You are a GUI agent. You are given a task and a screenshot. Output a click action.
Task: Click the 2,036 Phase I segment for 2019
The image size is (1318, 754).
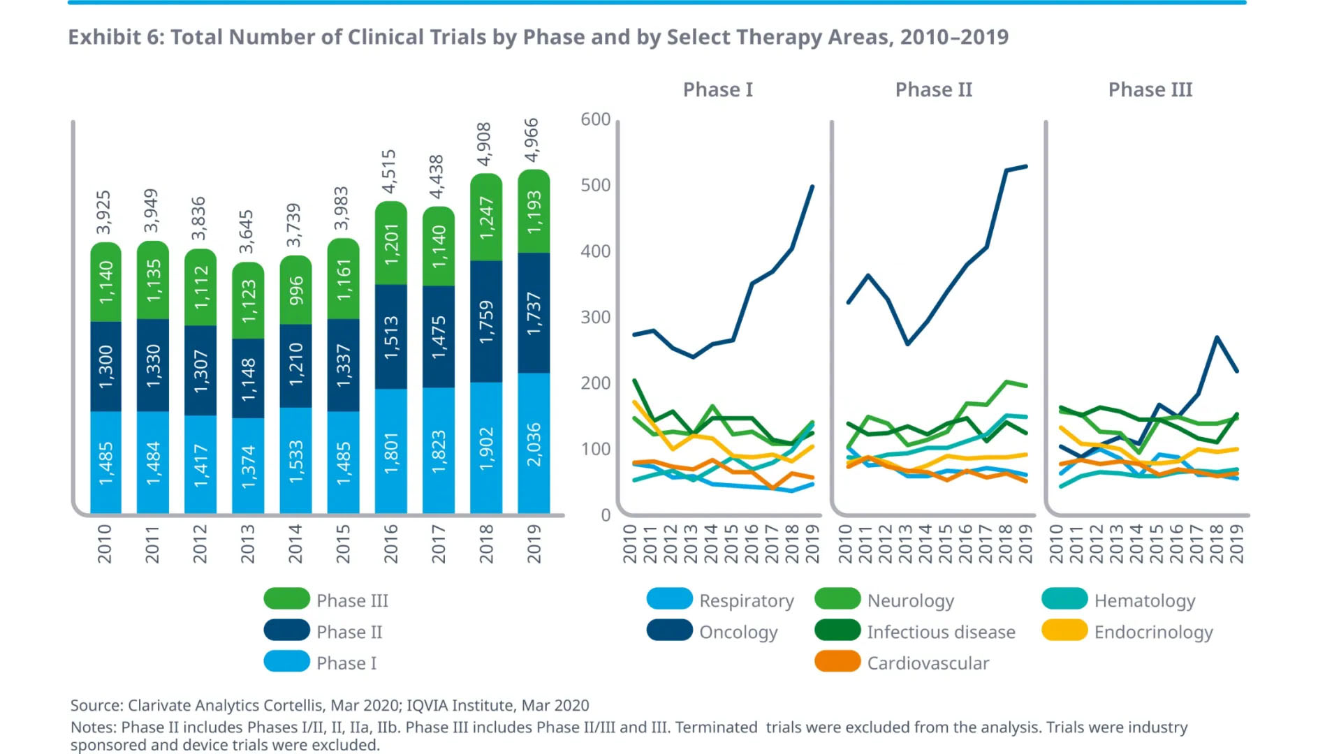tap(534, 444)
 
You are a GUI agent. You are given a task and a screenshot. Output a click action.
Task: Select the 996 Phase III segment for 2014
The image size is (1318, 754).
tap(296, 290)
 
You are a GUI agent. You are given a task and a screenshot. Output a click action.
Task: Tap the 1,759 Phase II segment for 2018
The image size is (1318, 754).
tap(486, 322)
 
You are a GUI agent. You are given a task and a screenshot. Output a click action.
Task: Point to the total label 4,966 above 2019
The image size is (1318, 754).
tap(532, 140)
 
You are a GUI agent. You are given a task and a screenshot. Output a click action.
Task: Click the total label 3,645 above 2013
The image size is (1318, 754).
tap(247, 232)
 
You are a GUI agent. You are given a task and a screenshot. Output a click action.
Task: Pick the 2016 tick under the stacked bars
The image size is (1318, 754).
tap(391, 544)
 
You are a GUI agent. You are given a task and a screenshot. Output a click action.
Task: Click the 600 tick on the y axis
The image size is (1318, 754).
tap(596, 119)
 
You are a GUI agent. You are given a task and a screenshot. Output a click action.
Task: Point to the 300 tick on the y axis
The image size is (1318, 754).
tap(596, 317)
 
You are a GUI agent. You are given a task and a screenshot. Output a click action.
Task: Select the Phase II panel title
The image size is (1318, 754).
tap(933, 90)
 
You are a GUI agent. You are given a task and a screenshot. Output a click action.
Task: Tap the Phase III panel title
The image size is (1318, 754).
tap(1150, 90)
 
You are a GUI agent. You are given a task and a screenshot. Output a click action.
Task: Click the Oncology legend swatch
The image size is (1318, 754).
tap(669, 630)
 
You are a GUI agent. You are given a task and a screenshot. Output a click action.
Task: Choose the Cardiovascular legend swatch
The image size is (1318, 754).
tap(837, 662)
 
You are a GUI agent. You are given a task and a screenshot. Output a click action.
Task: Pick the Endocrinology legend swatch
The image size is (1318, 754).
tap(1064, 630)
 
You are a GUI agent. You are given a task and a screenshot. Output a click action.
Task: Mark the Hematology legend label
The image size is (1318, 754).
tap(1144, 600)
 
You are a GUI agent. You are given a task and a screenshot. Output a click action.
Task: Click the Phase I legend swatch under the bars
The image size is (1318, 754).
tap(286, 662)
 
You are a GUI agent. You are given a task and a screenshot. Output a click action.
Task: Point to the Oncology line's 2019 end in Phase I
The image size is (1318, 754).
tap(812, 186)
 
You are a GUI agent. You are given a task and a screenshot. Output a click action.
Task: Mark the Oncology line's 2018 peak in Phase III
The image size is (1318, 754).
tap(1217, 337)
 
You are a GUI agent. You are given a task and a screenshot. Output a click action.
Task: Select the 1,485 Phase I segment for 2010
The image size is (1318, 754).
tap(105, 463)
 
